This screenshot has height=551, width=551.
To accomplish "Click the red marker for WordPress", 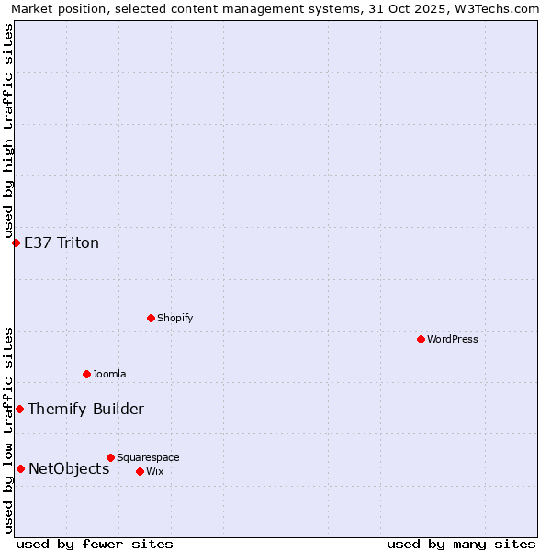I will [421, 339].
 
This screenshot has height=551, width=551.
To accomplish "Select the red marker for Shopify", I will [151, 318].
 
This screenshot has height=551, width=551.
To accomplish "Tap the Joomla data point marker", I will [86, 374].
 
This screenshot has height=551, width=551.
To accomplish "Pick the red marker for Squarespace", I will [110, 457].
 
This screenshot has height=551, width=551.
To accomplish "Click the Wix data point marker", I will [140, 471].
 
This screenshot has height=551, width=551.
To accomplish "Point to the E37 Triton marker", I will [16, 242].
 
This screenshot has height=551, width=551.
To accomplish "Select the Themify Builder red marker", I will [19, 409].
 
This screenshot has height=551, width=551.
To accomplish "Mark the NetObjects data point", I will [20, 468].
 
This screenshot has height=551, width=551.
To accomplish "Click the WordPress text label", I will [453, 339].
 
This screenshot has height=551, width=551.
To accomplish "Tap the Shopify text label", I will [175, 318].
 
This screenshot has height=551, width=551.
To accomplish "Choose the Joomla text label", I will [109, 374].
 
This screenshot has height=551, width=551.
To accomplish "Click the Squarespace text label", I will [148, 457].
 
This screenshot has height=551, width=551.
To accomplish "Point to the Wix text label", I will [154, 471].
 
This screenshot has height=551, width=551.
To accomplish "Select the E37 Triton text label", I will [62, 242].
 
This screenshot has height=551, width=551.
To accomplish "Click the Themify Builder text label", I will [85, 409].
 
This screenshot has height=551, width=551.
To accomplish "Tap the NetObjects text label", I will [69, 468].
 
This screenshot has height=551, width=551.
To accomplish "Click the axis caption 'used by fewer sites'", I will [95, 544].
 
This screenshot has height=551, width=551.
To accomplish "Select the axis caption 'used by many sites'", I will [461, 544].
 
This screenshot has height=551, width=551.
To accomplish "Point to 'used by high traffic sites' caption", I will [8, 130].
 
